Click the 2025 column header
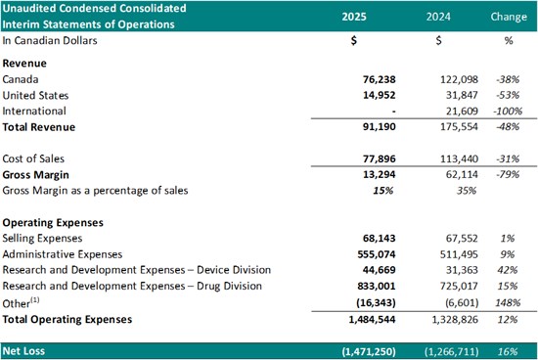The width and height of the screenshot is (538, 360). (x=354, y=17)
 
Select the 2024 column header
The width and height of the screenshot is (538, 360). (x=438, y=17)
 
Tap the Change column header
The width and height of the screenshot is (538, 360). (x=509, y=17)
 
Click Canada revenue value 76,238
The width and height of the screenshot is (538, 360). (x=380, y=79)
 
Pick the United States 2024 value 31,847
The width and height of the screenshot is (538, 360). (x=462, y=95)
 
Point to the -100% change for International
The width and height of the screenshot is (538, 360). (x=508, y=111)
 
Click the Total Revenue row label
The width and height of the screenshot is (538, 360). (x=39, y=127)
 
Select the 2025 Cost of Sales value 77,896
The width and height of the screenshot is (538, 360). (x=380, y=158)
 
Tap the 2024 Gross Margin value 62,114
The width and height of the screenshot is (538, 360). (x=462, y=174)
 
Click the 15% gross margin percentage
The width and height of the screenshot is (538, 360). (x=382, y=191)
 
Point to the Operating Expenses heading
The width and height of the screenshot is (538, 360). (x=53, y=222)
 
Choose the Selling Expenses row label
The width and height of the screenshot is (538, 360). (x=42, y=238)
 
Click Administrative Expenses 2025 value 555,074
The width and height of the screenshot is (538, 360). (x=377, y=254)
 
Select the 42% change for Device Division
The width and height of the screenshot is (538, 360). (x=508, y=270)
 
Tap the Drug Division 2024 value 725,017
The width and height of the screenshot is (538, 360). (x=459, y=286)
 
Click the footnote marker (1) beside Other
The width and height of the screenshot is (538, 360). (x=35, y=300)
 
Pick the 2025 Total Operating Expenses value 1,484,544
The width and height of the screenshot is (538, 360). (x=372, y=319)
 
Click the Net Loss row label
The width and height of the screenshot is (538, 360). (x=23, y=351)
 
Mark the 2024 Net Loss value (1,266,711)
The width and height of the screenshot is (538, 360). (x=451, y=351)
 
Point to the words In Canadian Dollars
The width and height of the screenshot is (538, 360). (x=50, y=40)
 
